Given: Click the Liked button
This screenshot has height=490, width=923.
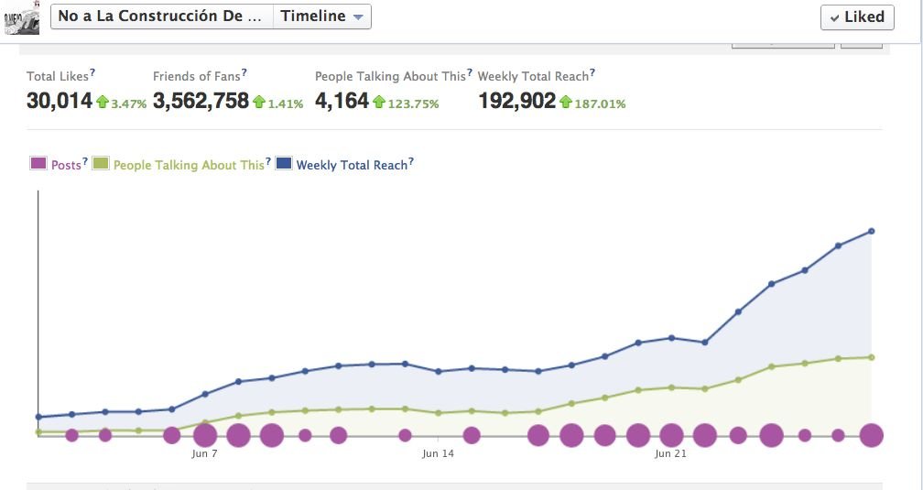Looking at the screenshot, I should pos(857,16).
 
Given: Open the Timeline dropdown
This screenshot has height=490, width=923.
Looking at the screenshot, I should pos(321,16).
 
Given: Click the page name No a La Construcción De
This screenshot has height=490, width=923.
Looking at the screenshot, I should pos(163,16).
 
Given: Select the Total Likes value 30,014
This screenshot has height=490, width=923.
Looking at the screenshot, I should pos(60,101).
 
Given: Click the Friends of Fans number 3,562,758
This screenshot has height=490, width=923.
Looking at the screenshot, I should pos(201,101).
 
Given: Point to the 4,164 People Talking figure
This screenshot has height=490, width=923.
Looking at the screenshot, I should pos(342,101).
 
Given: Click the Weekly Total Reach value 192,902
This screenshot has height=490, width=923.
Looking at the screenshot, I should pos(516,101).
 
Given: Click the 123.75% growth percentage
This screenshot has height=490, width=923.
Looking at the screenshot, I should pos(413,103).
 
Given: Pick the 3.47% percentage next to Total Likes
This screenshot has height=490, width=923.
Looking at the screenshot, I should pos(128,103).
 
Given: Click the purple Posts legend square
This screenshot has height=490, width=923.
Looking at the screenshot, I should pos(38,164).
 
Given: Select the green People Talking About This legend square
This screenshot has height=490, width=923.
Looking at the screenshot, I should pos(101,164).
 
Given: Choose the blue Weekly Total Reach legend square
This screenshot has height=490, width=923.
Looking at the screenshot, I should pos(284,164).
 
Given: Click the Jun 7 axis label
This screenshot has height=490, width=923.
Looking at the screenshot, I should pos(205,453).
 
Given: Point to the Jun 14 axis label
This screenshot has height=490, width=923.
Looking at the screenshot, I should pos(438,453).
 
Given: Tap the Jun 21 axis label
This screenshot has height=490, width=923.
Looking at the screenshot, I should pos(671,453).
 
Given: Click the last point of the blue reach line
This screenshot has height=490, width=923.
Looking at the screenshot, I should pos(871,231).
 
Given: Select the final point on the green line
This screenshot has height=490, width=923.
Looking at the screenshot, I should pos(871,357).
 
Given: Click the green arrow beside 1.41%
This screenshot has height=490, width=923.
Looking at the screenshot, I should pos(259,102).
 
